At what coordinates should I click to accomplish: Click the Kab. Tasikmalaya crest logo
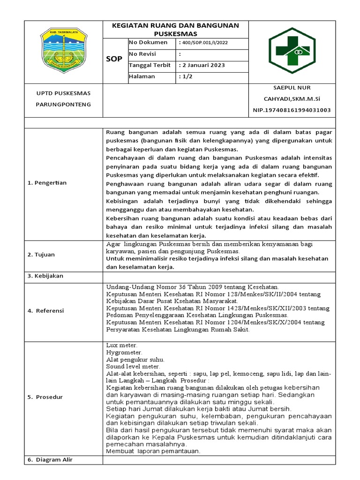click(63, 52)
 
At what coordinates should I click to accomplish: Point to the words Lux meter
click(122, 345)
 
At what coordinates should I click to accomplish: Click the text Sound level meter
click(133, 366)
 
